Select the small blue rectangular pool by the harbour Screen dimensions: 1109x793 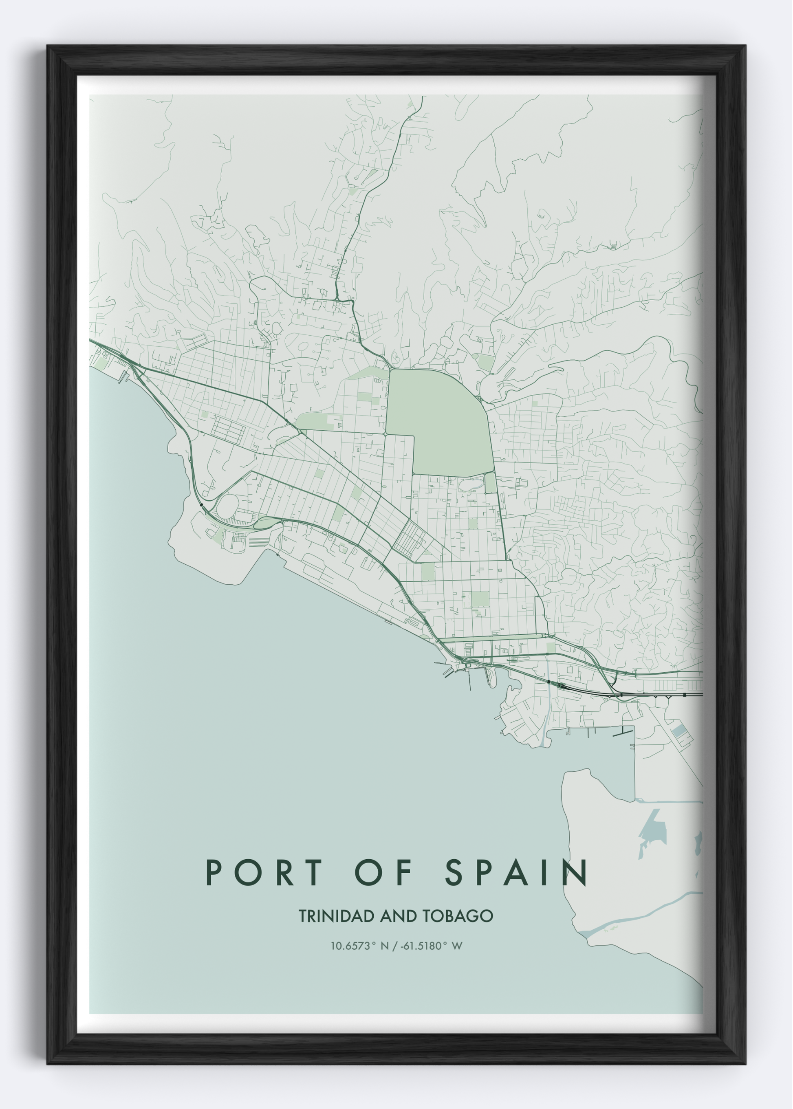tap(679, 731)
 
